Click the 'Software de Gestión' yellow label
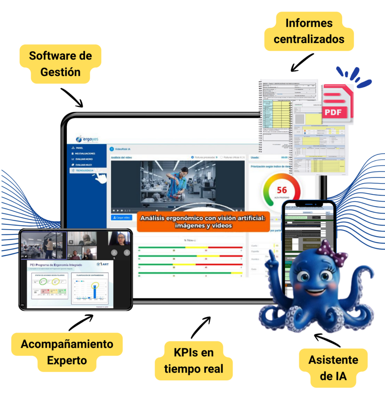pyautogui.click(x=60, y=64)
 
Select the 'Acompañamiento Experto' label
pyautogui.click(x=67, y=352)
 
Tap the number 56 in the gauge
pyautogui.click(x=282, y=190)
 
